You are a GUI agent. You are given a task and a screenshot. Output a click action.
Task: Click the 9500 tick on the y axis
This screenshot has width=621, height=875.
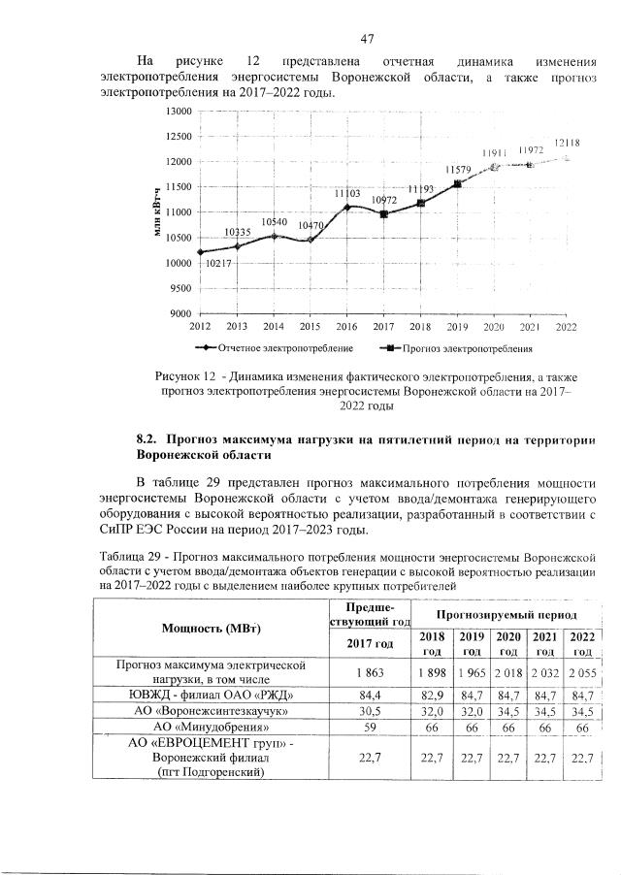pyautogui.click(x=180, y=288)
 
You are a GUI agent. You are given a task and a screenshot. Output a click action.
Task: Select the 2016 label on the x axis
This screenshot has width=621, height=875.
pyautogui.click(x=345, y=327)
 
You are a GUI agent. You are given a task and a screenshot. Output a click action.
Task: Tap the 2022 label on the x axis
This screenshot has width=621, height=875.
pyautogui.click(x=566, y=327)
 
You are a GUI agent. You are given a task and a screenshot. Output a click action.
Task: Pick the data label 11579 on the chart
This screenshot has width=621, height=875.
pyautogui.click(x=458, y=170)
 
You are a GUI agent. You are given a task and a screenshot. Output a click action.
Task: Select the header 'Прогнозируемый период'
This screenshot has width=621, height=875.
pyautogui.click(x=507, y=616)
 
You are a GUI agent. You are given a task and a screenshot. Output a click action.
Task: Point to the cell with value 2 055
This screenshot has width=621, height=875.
pyautogui.click(x=582, y=672)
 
